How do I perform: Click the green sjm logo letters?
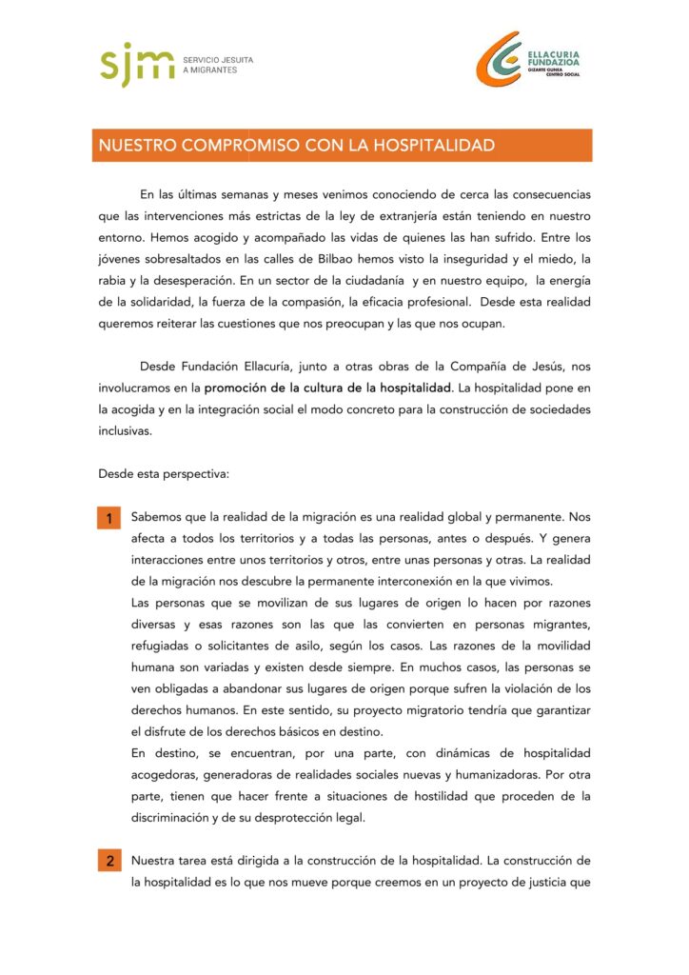[137, 65]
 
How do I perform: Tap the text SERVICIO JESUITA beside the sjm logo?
[218, 60]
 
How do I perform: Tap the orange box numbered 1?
[109, 519]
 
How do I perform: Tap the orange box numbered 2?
[109, 862]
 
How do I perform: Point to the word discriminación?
[175, 817]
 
